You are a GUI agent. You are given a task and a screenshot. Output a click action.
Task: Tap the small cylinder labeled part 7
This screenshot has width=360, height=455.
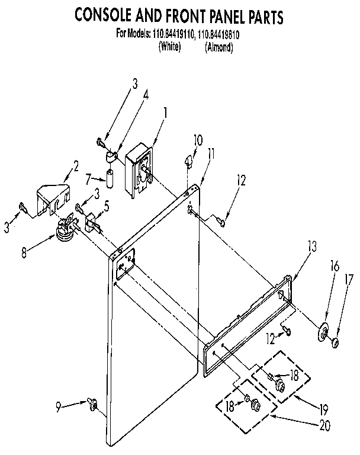(x=110, y=176)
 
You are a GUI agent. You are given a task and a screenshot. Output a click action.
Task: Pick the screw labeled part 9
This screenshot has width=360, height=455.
(x=92, y=404)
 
